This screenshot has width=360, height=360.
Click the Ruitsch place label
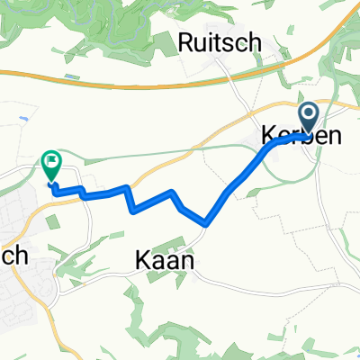tap(220, 40)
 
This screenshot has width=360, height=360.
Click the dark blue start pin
tap(309, 116)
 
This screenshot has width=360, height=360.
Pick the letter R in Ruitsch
tap(187, 40)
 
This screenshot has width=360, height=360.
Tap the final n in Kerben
tap(332, 134)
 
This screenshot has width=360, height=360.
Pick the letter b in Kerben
tap(305, 134)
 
